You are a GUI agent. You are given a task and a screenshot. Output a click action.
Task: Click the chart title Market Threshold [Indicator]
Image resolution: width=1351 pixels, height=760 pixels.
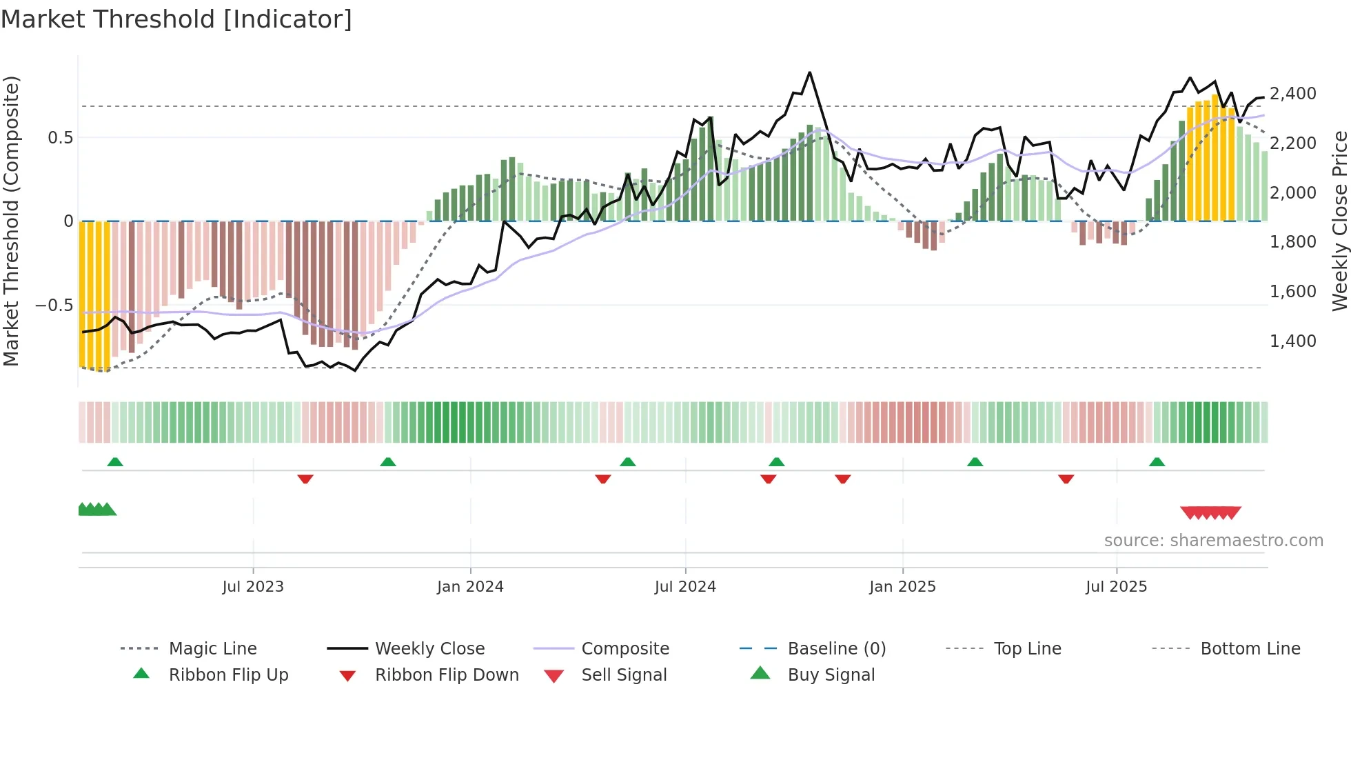(x=176, y=19)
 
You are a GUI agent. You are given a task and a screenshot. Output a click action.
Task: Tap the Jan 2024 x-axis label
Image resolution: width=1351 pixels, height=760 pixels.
(x=470, y=587)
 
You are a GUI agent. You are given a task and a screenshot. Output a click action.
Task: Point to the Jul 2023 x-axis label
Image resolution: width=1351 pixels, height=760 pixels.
(x=253, y=587)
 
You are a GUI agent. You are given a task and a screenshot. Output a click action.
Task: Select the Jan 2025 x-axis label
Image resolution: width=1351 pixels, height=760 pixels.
(x=902, y=587)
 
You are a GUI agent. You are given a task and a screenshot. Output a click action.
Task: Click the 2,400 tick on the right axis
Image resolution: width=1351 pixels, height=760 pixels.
(x=1292, y=93)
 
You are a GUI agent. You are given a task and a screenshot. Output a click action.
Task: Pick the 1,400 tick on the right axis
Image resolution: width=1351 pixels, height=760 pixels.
(x=1292, y=341)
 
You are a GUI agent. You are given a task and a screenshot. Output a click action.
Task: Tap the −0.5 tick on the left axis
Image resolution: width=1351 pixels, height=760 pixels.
(x=54, y=305)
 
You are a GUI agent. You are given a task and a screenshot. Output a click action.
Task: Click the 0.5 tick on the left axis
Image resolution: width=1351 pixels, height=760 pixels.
(x=60, y=137)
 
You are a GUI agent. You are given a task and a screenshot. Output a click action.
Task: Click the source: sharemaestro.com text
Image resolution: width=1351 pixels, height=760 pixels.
(x=1213, y=541)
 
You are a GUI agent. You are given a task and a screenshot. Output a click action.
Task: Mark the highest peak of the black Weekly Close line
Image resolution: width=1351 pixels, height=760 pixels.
(x=809, y=72)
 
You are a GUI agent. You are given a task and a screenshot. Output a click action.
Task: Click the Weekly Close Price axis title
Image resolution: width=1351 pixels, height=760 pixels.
(x=1339, y=221)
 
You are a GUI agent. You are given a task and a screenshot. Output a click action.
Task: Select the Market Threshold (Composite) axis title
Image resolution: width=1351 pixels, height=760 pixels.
(x=11, y=221)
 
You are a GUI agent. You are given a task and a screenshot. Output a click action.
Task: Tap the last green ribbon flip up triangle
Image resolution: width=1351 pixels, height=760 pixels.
(x=1157, y=462)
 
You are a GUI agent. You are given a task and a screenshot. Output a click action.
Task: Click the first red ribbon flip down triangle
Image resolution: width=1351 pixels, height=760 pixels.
(x=305, y=479)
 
